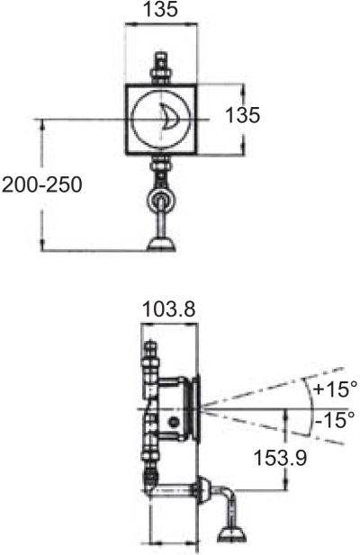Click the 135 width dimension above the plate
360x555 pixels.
(x=162, y=11)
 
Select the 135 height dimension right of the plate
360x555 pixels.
(x=242, y=115)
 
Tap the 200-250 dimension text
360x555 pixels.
(x=41, y=185)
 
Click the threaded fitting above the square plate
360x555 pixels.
(x=163, y=68)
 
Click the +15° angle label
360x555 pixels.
(x=335, y=389)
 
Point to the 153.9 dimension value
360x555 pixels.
(x=280, y=458)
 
